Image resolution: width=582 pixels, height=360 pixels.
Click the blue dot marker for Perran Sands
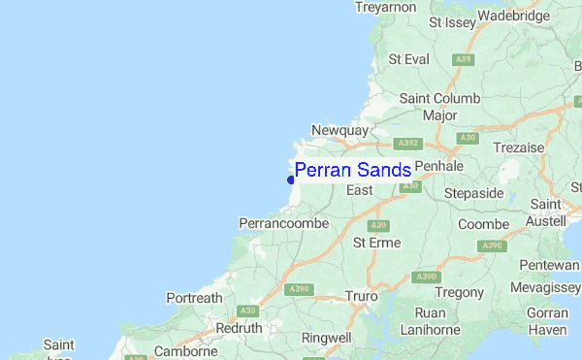(291, 179)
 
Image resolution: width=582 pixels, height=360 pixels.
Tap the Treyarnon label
(385, 6)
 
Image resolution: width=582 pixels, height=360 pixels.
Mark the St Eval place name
(408, 59)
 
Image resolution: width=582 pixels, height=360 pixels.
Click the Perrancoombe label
(283, 223)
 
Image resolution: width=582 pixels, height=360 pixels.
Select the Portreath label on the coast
(194, 297)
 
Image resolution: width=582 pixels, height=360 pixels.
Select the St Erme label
(376, 242)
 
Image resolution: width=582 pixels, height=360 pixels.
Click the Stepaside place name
(473, 193)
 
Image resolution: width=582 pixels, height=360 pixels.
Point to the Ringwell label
(326, 338)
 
